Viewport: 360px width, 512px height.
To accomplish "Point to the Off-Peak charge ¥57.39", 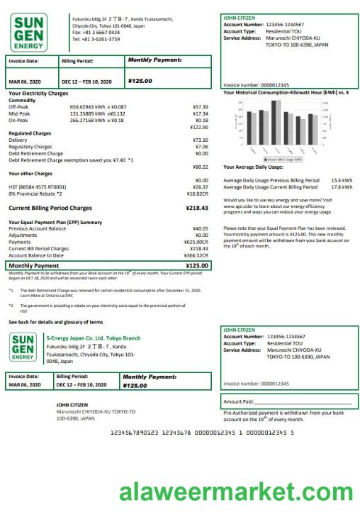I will [200, 106].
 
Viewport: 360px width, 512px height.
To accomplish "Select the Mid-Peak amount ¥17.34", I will [200, 113].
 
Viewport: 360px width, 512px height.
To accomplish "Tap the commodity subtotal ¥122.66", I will [198, 127].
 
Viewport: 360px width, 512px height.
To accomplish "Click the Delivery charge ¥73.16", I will [200, 140].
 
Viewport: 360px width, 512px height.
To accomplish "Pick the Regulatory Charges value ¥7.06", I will [201, 147].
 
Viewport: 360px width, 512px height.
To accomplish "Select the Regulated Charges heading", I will [30, 133].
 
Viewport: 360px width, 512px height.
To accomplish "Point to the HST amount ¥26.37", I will [200, 187].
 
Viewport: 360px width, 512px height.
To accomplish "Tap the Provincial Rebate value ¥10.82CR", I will [197, 194].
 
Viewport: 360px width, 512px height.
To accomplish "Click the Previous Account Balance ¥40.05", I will [200, 228].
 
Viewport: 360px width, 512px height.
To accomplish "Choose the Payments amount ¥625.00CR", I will [196, 242].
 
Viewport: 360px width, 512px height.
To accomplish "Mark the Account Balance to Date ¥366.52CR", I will [196, 255].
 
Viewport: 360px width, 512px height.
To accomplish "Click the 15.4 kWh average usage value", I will [342, 180].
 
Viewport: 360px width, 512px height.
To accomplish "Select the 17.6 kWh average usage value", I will [342, 187].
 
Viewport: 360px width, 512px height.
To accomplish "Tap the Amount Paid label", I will [239, 402].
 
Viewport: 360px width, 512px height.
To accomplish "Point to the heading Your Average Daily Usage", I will [253, 167].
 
